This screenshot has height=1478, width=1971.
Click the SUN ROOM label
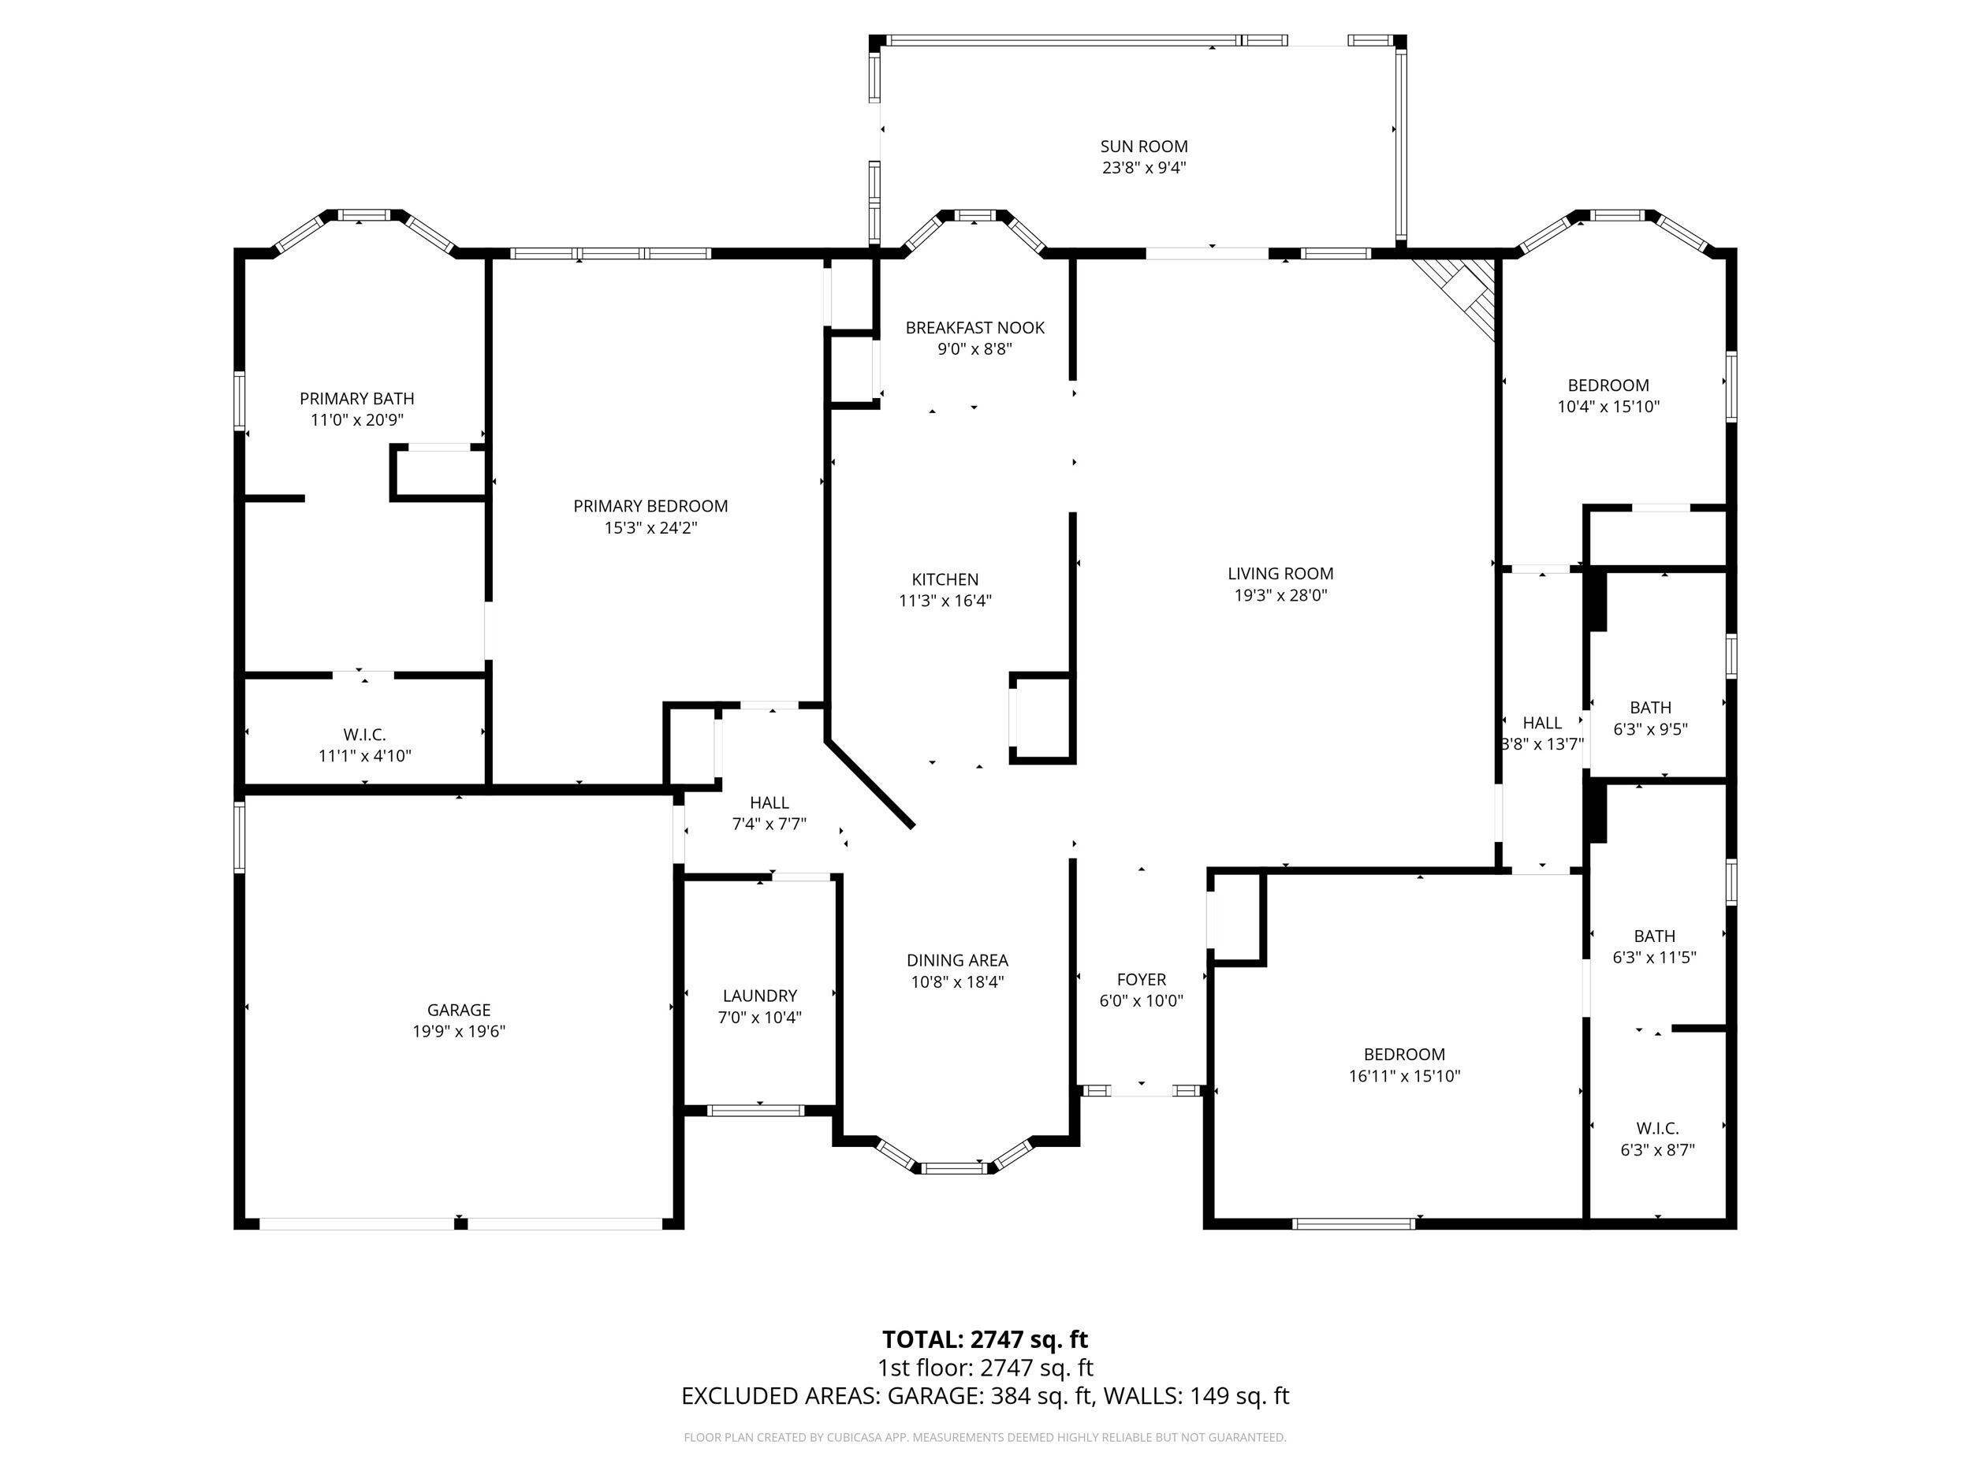tap(1144, 146)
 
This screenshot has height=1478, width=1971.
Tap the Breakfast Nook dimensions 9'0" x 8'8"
tap(974, 349)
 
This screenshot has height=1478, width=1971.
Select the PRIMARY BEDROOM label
tap(650, 506)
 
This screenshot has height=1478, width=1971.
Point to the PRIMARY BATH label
tap(356, 398)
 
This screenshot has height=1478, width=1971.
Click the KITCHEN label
tap(945, 579)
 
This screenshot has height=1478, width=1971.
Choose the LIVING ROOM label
tap(1280, 574)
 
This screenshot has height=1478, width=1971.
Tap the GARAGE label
tap(459, 1010)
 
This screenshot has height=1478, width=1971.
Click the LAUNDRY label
tap(760, 995)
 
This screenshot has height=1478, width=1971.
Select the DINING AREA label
tap(958, 959)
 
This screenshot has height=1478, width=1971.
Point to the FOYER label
tap(1142, 979)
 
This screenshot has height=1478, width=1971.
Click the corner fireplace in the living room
tap(1458, 296)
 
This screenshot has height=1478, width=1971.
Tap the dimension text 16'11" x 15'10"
tap(1404, 1075)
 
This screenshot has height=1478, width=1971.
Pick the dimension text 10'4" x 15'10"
tap(1608, 406)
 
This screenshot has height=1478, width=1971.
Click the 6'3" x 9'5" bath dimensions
tap(1650, 729)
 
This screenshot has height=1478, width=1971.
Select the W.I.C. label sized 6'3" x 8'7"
tap(1657, 1128)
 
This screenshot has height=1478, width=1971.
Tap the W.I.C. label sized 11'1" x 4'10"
tap(364, 734)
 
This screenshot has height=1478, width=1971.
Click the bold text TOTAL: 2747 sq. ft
tap(985, 1339)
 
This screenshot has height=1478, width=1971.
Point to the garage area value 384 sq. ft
tap(1041, 1395)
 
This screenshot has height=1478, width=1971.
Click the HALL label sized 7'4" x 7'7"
tap(769, 802)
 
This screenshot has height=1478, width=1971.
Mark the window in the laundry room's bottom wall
tap(755, 1110)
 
